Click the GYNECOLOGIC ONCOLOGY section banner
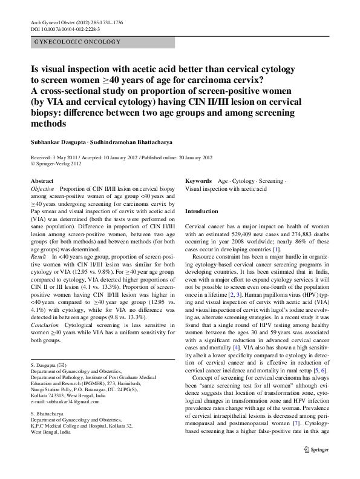[76, 42]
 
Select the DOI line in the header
[65, 29]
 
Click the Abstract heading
[42, 181]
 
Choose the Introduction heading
[201, 211]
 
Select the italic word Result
[38, 257]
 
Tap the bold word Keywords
[198, 181]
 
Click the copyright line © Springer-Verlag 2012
[56, 164]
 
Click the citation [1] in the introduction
[276, 249]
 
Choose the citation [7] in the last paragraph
[297, 424]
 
